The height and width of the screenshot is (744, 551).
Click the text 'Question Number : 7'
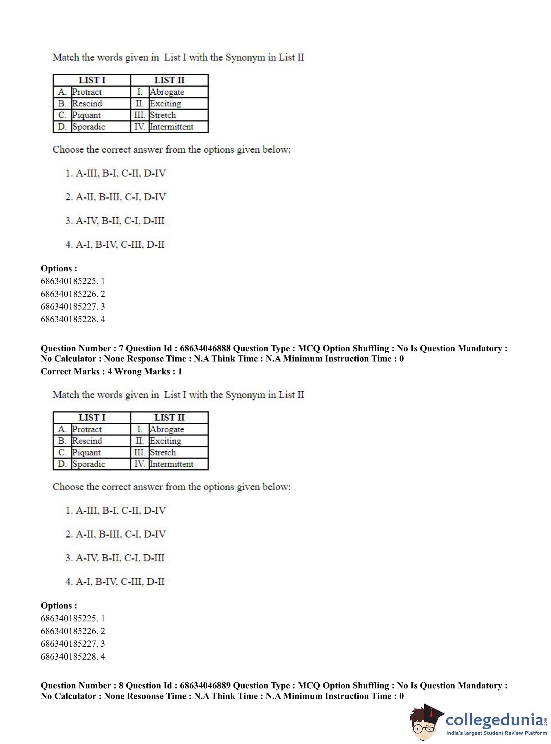pyautogui.click(x=82, y=348)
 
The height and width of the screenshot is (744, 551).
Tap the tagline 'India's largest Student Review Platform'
pyautogui.click(x=496, y=733)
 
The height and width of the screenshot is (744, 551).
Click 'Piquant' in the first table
pyautogui.click(x=86, y=115)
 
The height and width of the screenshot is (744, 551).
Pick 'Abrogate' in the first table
pyautogui.click(x=167, y=92)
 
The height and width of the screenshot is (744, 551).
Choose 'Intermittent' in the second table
pyautogui.click(x=171, y=464)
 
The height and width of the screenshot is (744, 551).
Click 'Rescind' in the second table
pyautogui.click(x=87, y=441)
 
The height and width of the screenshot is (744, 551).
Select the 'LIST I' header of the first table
pyautogui.click(x=92, y=80)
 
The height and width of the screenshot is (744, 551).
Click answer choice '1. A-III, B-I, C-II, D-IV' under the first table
pyautogui.click(x=116, y=173)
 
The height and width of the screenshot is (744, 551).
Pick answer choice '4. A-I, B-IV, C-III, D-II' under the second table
pyautogui.click(x=115, y=581)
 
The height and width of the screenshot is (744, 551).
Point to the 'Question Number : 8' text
pyautogui.click(x=82, y=686)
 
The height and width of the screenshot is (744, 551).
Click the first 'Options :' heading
pyautogui.click(x=59, y=268)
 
